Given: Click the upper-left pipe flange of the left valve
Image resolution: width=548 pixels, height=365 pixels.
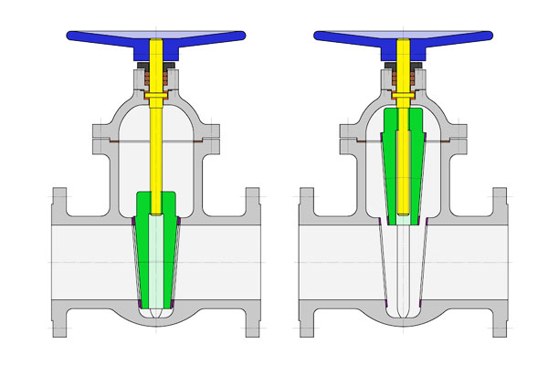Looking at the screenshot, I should (x=60, y=205).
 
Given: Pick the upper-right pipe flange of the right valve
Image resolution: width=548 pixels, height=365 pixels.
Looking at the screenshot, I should (x=501, y=205).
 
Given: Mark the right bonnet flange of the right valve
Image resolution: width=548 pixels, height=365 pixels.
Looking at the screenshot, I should (x=459, y=144).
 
